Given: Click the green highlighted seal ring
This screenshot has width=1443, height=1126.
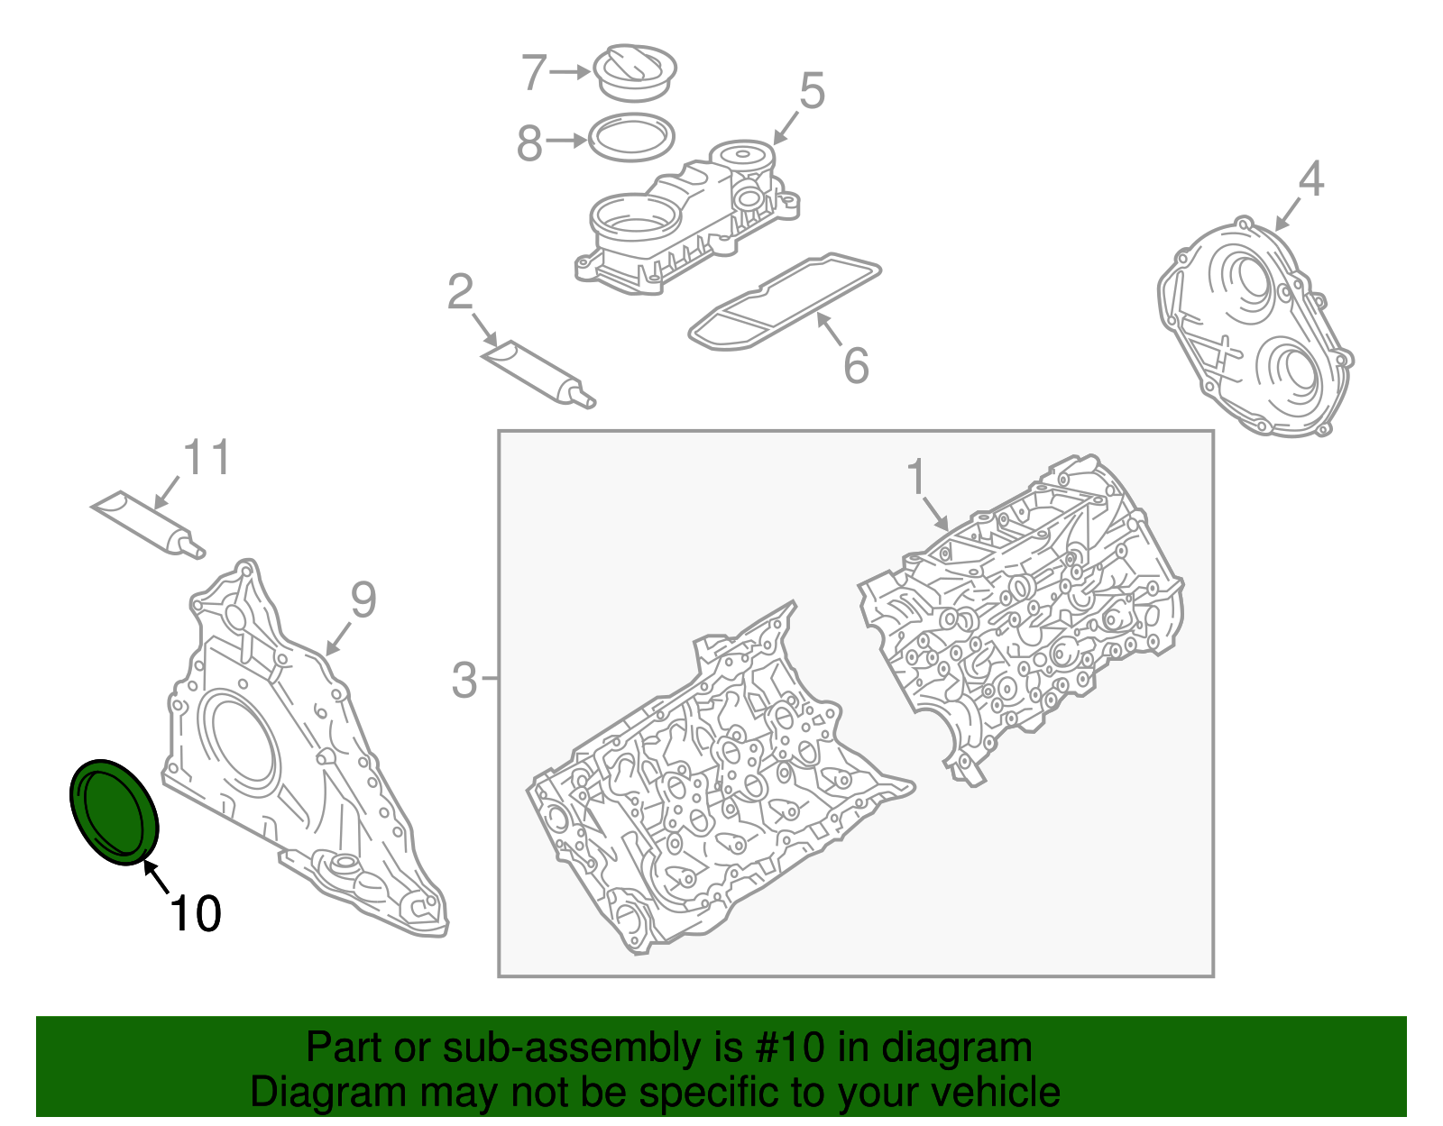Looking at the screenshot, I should click(115, 811).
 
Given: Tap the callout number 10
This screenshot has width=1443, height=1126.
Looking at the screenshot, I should click(195, 914).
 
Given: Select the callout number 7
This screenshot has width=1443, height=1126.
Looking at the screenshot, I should click(535, 72).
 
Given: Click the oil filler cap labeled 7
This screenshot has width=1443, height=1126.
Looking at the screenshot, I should click(636, 71).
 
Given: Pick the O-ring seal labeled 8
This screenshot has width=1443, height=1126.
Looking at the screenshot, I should click(631, 138).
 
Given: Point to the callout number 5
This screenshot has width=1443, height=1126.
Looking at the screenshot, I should click(812, 92).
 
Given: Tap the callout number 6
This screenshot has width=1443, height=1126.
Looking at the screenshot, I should click(856, 365).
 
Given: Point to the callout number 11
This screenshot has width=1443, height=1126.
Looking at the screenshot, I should click(207, 458).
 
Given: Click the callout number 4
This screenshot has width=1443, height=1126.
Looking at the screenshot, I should click(1310, 179).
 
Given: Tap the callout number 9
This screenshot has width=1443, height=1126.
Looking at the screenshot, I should click(363, 600).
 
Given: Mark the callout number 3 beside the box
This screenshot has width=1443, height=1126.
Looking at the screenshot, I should click(464, 681).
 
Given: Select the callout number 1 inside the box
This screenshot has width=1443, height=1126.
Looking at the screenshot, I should click(916, 477).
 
